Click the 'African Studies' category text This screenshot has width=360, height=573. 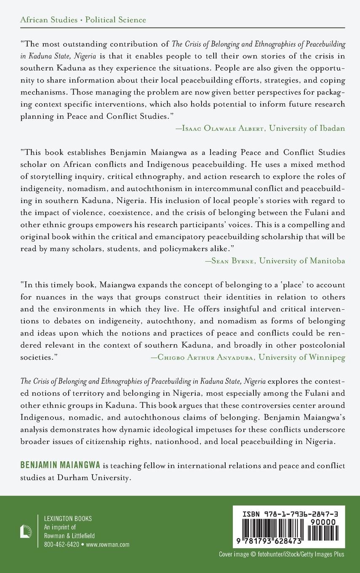click(48, 20)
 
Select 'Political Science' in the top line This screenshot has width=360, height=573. click(116, 20)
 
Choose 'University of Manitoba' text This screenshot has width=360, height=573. click(302, 261)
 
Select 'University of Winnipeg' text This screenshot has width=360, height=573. click(302, 357)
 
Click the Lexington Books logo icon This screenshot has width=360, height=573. click(26, 531)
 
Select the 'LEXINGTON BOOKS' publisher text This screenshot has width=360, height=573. click(68, 519)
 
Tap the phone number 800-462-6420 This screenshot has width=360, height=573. click(61, 544)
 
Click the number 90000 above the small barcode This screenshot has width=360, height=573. click(322, 522)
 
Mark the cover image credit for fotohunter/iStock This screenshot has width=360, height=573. click(281, 554)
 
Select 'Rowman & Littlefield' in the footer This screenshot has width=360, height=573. click(69, 536)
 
